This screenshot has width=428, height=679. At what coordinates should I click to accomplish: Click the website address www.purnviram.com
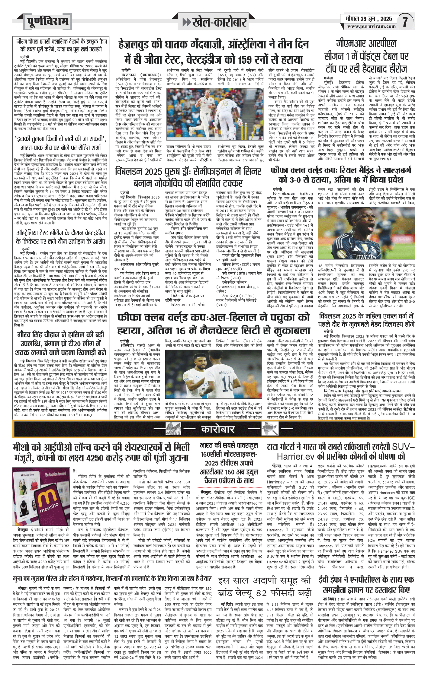pyautogui.click(x=371, y=27)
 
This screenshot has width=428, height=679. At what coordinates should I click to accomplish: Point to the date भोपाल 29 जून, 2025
pyautogui.click(x=369, y=19)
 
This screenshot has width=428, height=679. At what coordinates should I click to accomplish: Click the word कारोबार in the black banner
pyautogui.click(x=217, y=429)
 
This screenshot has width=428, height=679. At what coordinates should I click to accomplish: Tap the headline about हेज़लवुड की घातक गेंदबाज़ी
pyautogui.click(x=214, y=51)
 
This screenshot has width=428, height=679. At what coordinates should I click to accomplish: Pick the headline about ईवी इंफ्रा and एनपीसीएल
pyautogui.click(x=366, y=584)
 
